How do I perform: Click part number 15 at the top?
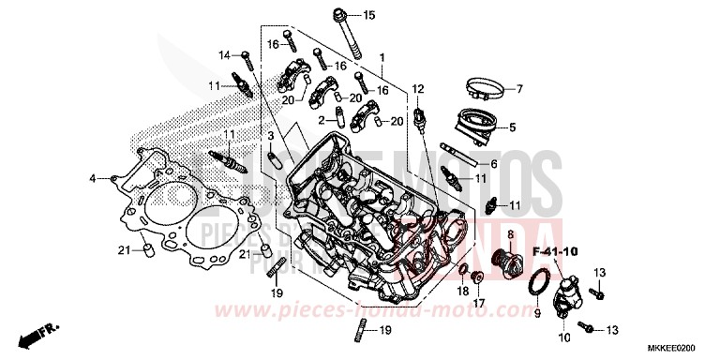pyautogui.click(x=368, y=15)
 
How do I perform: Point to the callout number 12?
pyautogui.click(x=419, y=89)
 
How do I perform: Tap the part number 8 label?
pyautogui.click(x=510, y=232)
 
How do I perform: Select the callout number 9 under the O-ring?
pyautogui.click(x=537, y=314)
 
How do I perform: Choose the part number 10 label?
pyautogui.click(x=564, y=336)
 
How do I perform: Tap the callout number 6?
pyautogui.click(x=493, y=164)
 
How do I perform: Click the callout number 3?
pyautogui.click(x=270, y=137)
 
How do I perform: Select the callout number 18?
pyautogui.click(x=462, y=292)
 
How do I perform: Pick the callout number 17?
pyautogui.click(x=478, y=302)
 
